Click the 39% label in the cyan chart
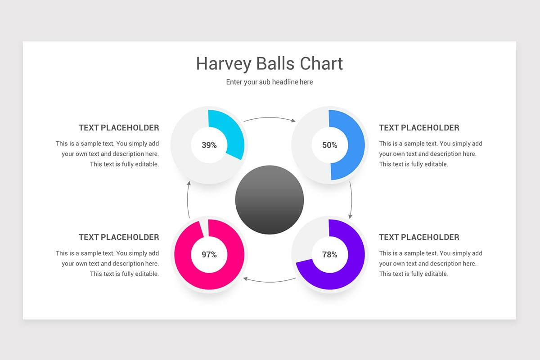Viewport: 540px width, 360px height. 209,145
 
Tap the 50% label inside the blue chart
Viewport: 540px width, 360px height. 329,145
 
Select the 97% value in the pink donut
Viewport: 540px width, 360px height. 209,255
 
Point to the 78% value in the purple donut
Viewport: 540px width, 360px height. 329,255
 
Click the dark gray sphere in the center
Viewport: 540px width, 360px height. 270,199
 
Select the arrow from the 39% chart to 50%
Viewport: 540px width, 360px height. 269,118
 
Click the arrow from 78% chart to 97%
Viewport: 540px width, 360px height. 269,281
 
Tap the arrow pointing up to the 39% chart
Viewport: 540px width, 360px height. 188,200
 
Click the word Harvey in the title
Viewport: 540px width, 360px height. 224,64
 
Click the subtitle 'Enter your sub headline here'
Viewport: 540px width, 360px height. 270,82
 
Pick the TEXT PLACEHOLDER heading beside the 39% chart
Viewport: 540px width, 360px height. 119,128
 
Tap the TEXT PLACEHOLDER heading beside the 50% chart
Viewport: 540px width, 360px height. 419,128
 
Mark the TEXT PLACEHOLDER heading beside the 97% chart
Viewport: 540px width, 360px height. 119,237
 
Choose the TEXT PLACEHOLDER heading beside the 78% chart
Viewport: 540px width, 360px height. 419,237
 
